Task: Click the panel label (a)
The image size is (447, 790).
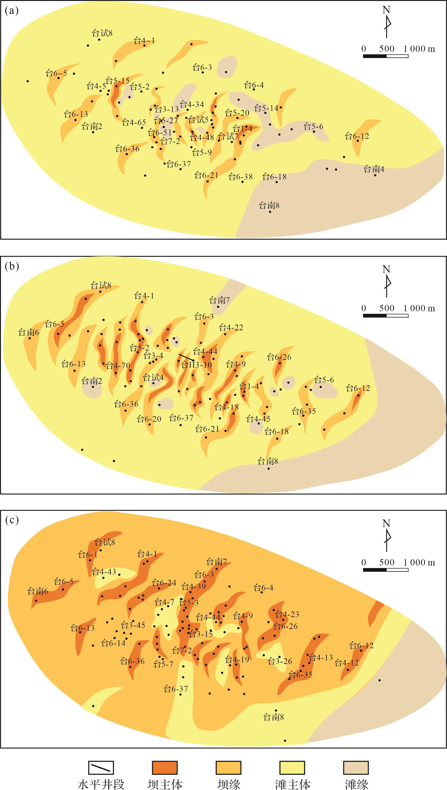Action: (x=12, y=11)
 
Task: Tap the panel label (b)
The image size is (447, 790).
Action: (x=12, y=266)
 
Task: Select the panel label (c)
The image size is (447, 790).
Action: (x=12, y=520)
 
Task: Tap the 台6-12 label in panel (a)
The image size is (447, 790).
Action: (x=357, y=136)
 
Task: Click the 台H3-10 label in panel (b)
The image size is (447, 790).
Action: (x=197, y=365)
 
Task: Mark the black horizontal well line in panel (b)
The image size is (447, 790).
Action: (x=186, y=357)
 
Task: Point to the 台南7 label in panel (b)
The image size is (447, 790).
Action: (x=220, y=300)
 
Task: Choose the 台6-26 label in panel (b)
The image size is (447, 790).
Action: (x=279, y=357)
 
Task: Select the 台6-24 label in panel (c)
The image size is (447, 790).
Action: (x=164, y=583)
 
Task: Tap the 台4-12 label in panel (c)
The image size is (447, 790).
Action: (x=347, y=663)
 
